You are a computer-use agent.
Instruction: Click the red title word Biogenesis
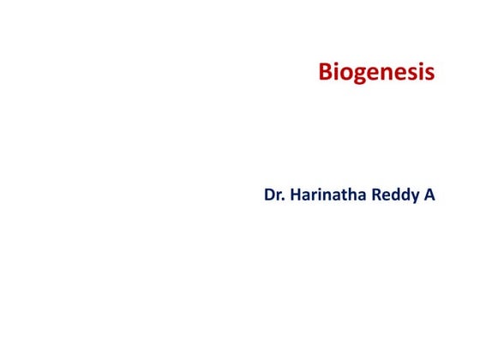(x=376, y=72)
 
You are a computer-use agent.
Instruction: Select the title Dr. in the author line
(x=274, y=195)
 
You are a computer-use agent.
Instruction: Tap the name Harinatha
(x=328, y=195)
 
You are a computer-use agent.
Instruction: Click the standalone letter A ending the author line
(x=429, y=195)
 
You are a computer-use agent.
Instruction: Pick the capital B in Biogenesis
(x=326, y=72)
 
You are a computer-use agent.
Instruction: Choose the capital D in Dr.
(x=270, y=195)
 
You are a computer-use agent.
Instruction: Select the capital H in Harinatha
(x=296, y=195)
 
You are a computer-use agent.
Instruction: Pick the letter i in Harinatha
(x=321, y=195)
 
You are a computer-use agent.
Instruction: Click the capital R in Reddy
(x=377, y=195)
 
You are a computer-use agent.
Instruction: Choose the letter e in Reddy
(x=387, y=197)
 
